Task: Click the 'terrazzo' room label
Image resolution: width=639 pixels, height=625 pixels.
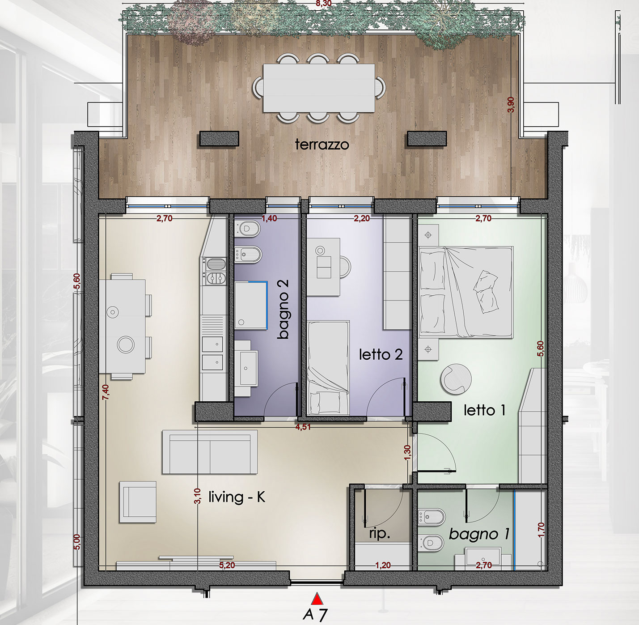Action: [x=322, y=145]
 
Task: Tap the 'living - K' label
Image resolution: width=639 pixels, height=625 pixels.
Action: [x=237, y=497]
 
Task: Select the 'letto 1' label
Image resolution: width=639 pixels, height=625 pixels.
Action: [x=484, y=410]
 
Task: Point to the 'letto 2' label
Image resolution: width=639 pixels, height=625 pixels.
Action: [x=381, y=355]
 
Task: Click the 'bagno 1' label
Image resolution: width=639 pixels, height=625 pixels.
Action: [x=479, y=535]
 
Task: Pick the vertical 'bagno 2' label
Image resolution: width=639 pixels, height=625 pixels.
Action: [x=283, y=309]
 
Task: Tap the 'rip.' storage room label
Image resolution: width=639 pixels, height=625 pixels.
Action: [x=380, y=534]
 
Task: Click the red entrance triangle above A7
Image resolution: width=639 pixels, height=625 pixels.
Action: [x=317, y=599]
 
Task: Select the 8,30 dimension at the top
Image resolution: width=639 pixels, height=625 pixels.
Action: [x=324, y=4]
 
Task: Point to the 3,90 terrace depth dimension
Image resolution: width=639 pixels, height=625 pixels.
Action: [x=511, y=105]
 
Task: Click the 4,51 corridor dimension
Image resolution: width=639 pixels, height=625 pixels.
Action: [x=303, y=428]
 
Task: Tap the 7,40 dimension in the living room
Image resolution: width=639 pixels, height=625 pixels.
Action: [x=106, y=392]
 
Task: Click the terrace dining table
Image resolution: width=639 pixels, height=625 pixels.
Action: [x=319, y=88]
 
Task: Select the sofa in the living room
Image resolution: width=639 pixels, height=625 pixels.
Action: [x=210, y=452]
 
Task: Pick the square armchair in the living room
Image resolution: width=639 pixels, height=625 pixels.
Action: [x=138, y=502]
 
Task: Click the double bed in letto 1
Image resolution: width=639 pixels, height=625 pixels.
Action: [x=466, y=292]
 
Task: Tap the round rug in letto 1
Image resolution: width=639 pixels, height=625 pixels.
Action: [x=456, y=379]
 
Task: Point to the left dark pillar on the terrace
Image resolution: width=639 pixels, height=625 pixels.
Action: [x=219, y=139]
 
